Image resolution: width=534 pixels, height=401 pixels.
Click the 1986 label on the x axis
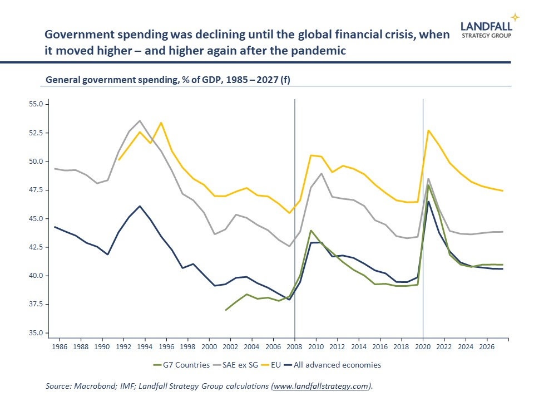pos(59,347)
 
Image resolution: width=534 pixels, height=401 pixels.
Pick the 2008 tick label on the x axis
pos(294,347)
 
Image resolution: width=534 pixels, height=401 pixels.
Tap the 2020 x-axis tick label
pos(423,347)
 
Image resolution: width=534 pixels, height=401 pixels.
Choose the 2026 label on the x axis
pos(487,347)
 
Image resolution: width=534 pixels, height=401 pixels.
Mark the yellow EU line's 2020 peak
pos(428,130)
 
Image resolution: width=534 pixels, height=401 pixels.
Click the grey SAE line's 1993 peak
pos(140,121)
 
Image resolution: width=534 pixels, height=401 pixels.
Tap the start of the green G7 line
pos(225,310)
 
